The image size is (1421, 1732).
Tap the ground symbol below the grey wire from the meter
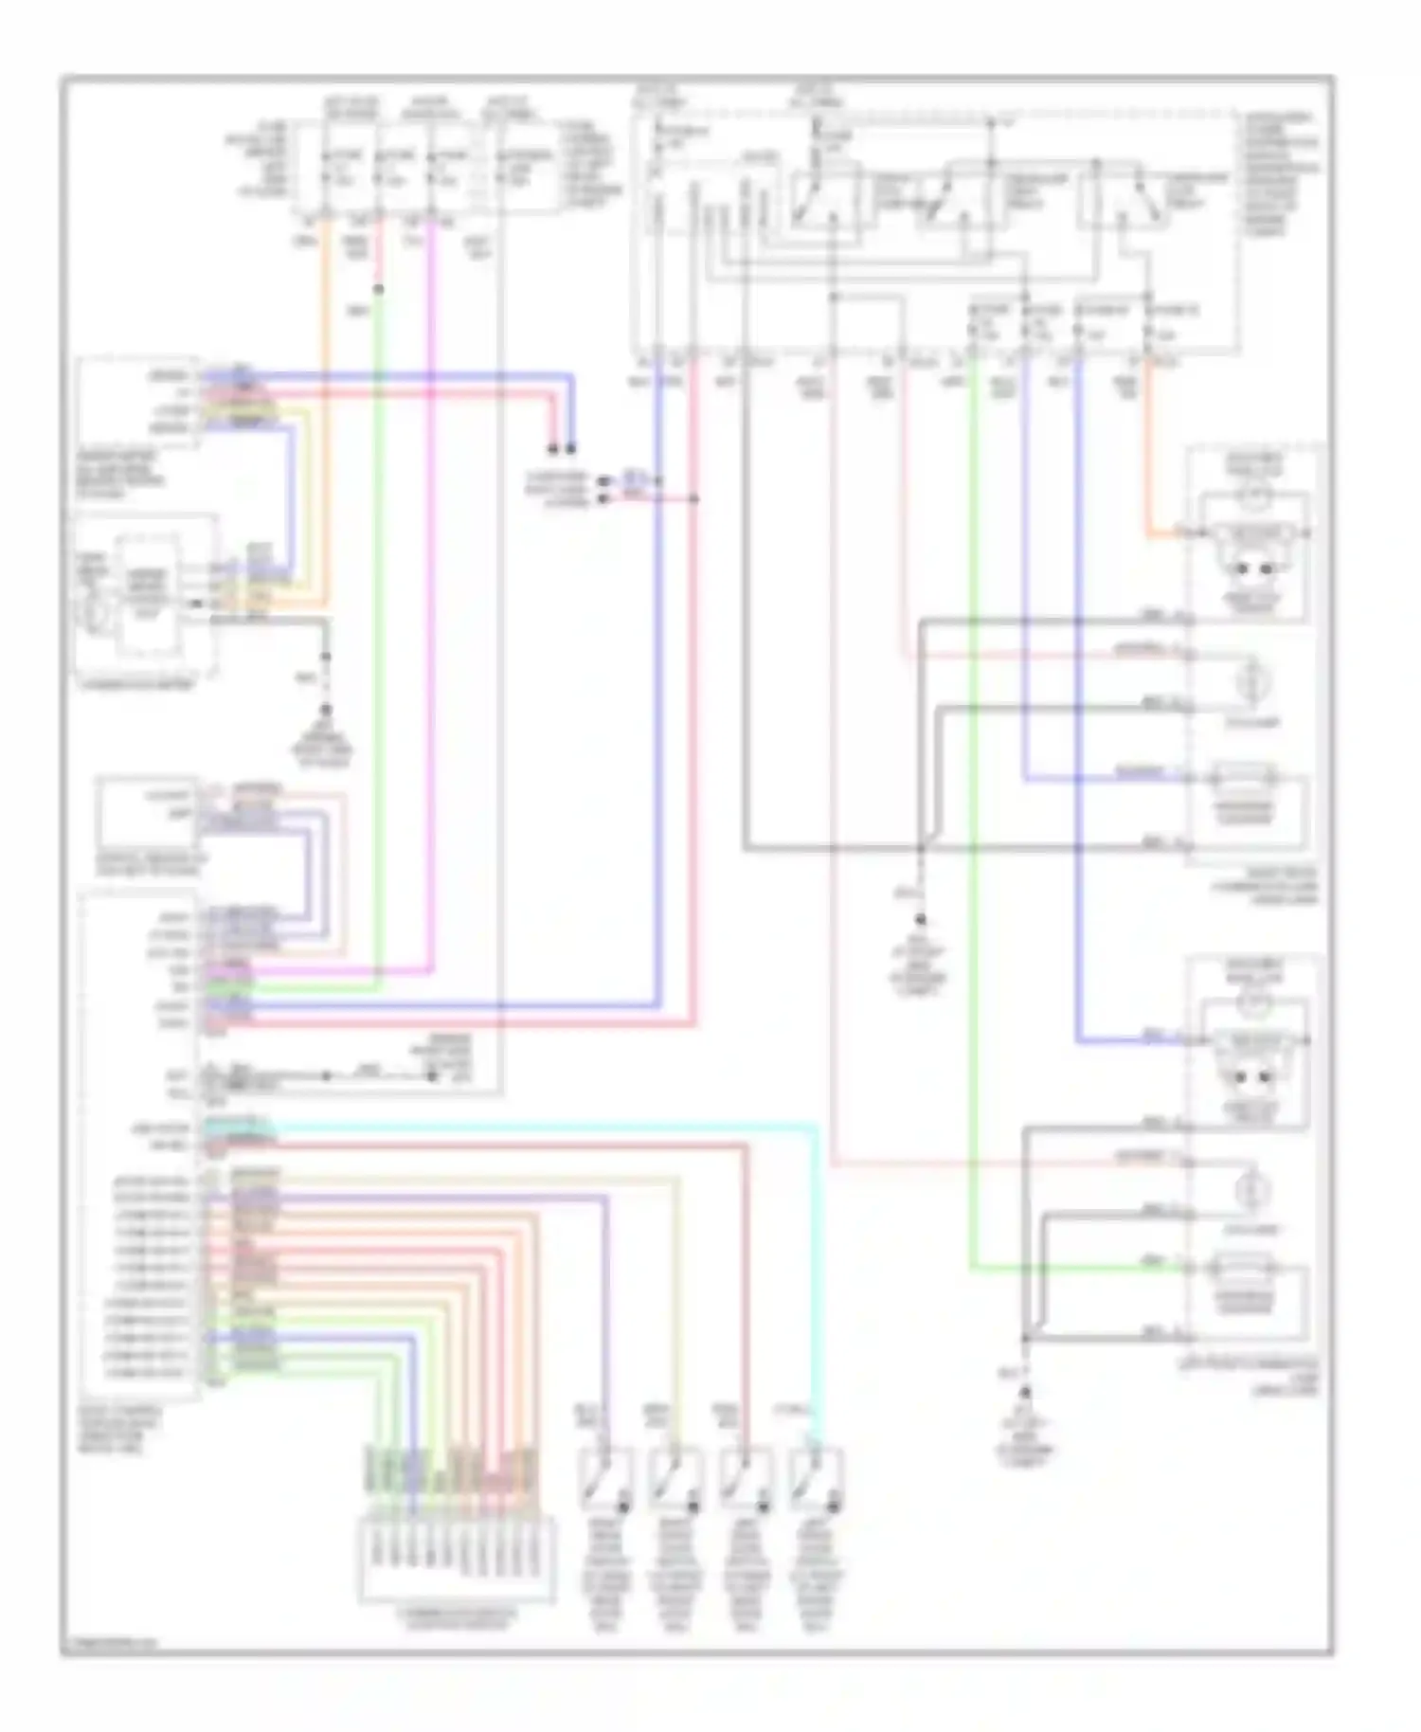[x=326, y=711]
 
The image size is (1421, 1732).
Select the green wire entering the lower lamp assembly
[x=1089, y=1267]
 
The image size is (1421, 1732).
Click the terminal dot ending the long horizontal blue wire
[x=571, y=448]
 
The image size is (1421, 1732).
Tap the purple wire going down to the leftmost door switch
[x=605, y=1326]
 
